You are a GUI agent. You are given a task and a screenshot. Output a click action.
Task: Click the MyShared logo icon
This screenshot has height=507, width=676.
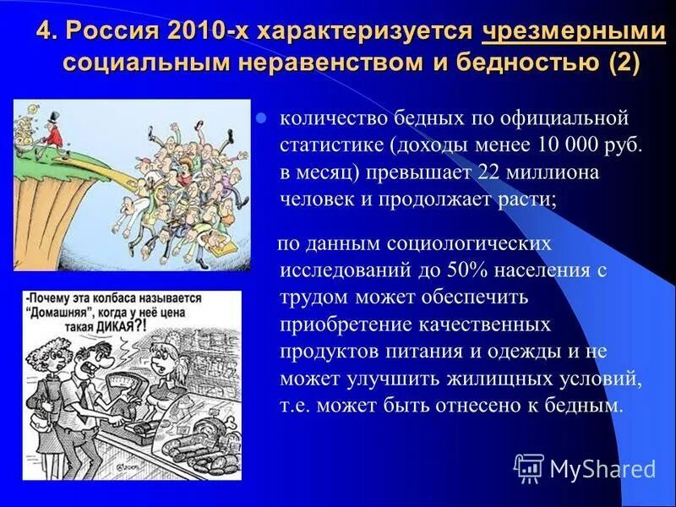tap(529, 468)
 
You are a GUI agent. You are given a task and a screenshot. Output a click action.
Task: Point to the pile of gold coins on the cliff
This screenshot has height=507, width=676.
tap(25, 135)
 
